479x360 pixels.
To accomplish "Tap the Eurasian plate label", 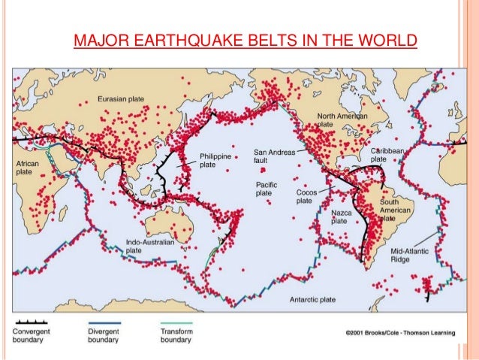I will click(122, 99).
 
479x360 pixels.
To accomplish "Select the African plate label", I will click(29, 167).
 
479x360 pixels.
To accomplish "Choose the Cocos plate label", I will click(305, 196).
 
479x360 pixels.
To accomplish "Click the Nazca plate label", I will click(339, 217).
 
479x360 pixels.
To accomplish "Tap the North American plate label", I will click(342, 120).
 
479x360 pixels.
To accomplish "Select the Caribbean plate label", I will click(389, 155).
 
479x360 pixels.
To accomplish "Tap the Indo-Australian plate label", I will click(149, 247).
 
